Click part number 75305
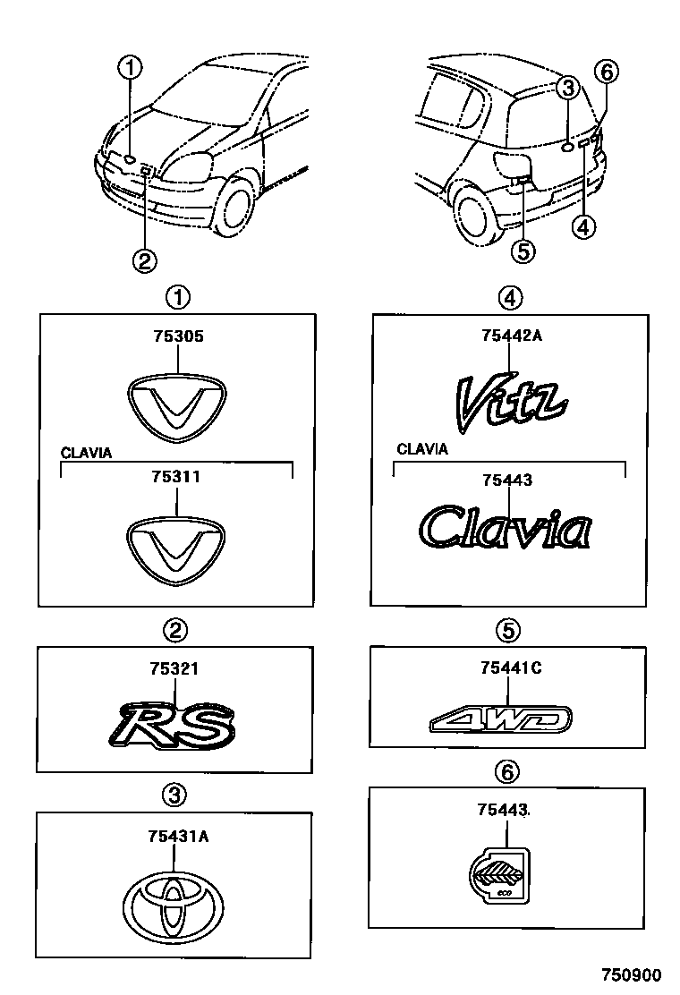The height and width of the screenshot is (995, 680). click(177, 338)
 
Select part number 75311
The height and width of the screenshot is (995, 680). click(177, 478)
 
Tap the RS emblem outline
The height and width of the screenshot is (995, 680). click(177, 722)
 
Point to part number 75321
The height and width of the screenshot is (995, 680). click(175, 668)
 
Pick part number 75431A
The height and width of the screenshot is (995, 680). click(179, 837)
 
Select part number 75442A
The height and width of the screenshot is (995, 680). click(511, 336)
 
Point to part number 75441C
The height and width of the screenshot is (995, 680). click(511, 667)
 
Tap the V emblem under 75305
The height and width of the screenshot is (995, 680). click(176, 407)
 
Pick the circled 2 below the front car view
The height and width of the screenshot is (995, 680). click(144, 260)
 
